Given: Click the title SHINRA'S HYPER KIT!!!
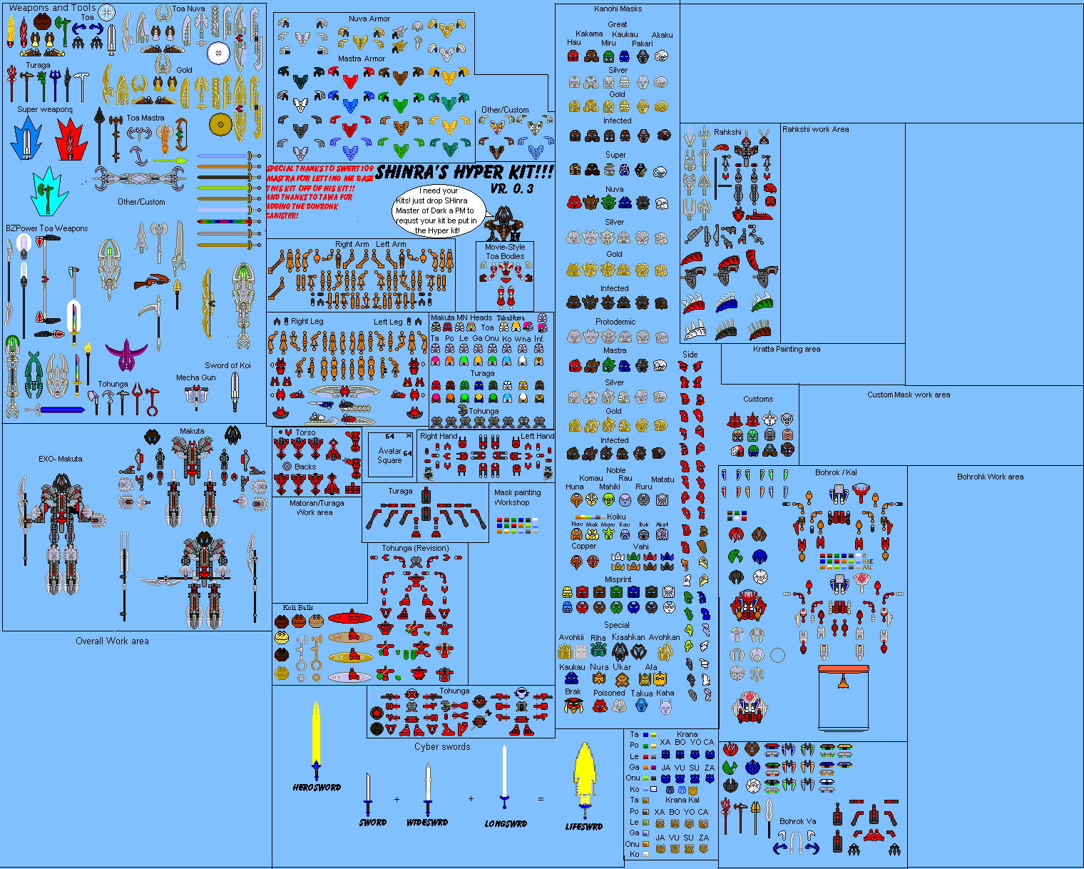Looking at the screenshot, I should (x=464, y=172).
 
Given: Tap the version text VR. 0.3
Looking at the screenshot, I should (x=511, y=188).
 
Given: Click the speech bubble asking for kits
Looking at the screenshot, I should (x=438, y=210).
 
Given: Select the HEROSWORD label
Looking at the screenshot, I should (x=317, y=788).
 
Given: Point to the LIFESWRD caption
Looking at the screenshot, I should (x=583, y=827).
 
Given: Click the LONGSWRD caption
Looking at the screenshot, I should (x=506, y=824).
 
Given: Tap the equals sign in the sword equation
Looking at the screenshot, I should (x=541, y=799).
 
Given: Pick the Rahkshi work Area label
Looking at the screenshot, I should (x=815, y=129).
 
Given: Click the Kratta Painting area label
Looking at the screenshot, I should (x=787, y=349).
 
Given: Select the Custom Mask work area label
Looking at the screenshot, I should (x=909, y=395).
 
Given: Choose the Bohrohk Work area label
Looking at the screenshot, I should (x=990, y=477).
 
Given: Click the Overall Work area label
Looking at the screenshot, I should (x=112, y=641).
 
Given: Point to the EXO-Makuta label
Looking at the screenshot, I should (x=61, y=459).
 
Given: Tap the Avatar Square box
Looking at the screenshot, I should (x=389, y=455).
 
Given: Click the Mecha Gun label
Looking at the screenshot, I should (x=196, y=377).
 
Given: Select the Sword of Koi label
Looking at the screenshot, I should (x=227, y=365).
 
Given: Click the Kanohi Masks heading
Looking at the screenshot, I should (x=618, y=9).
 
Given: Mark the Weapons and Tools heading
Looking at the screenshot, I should (x=52, y=8).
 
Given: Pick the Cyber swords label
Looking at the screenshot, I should (x=442, y=747).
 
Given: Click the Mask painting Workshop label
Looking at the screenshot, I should (x=517, y=497).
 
